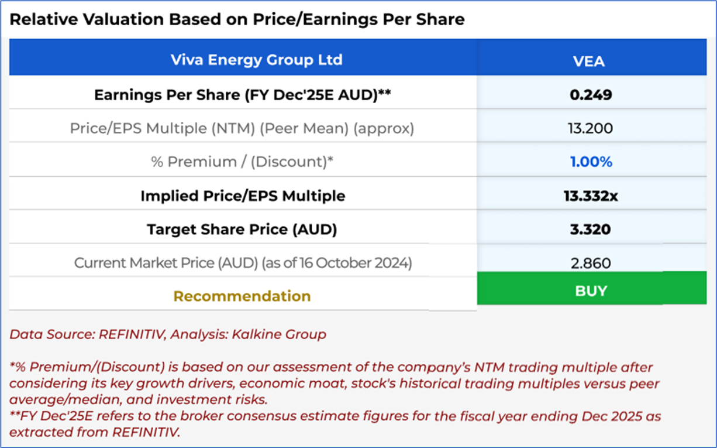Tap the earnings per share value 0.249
(591, 94)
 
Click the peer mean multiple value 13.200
(591, 128)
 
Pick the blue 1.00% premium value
(591, 162)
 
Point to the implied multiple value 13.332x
(591, 196)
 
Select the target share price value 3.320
(591, 229)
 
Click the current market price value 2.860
(591, 263)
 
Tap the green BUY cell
(591, 290)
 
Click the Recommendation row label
(242, 296)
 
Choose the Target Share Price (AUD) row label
(242, 229)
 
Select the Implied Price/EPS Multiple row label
(242, 196)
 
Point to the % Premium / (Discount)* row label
(242, 162)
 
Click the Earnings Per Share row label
(242, 94)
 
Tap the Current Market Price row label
(242, 263)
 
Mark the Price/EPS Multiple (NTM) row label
(242, 128)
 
